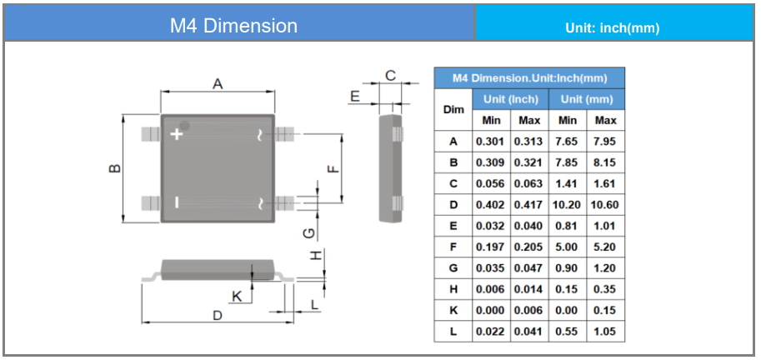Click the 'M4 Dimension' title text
coord(233,26)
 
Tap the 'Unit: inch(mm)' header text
coord(613,28)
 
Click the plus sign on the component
coord(178,134)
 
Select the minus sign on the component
coord(176,202)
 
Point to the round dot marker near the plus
coord(184,125)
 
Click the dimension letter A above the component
coord(218,84)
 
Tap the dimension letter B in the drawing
coord(115,168)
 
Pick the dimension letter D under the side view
coord(218,315)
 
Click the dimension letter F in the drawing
coord(333,169)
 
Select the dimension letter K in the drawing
coord(237,297)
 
